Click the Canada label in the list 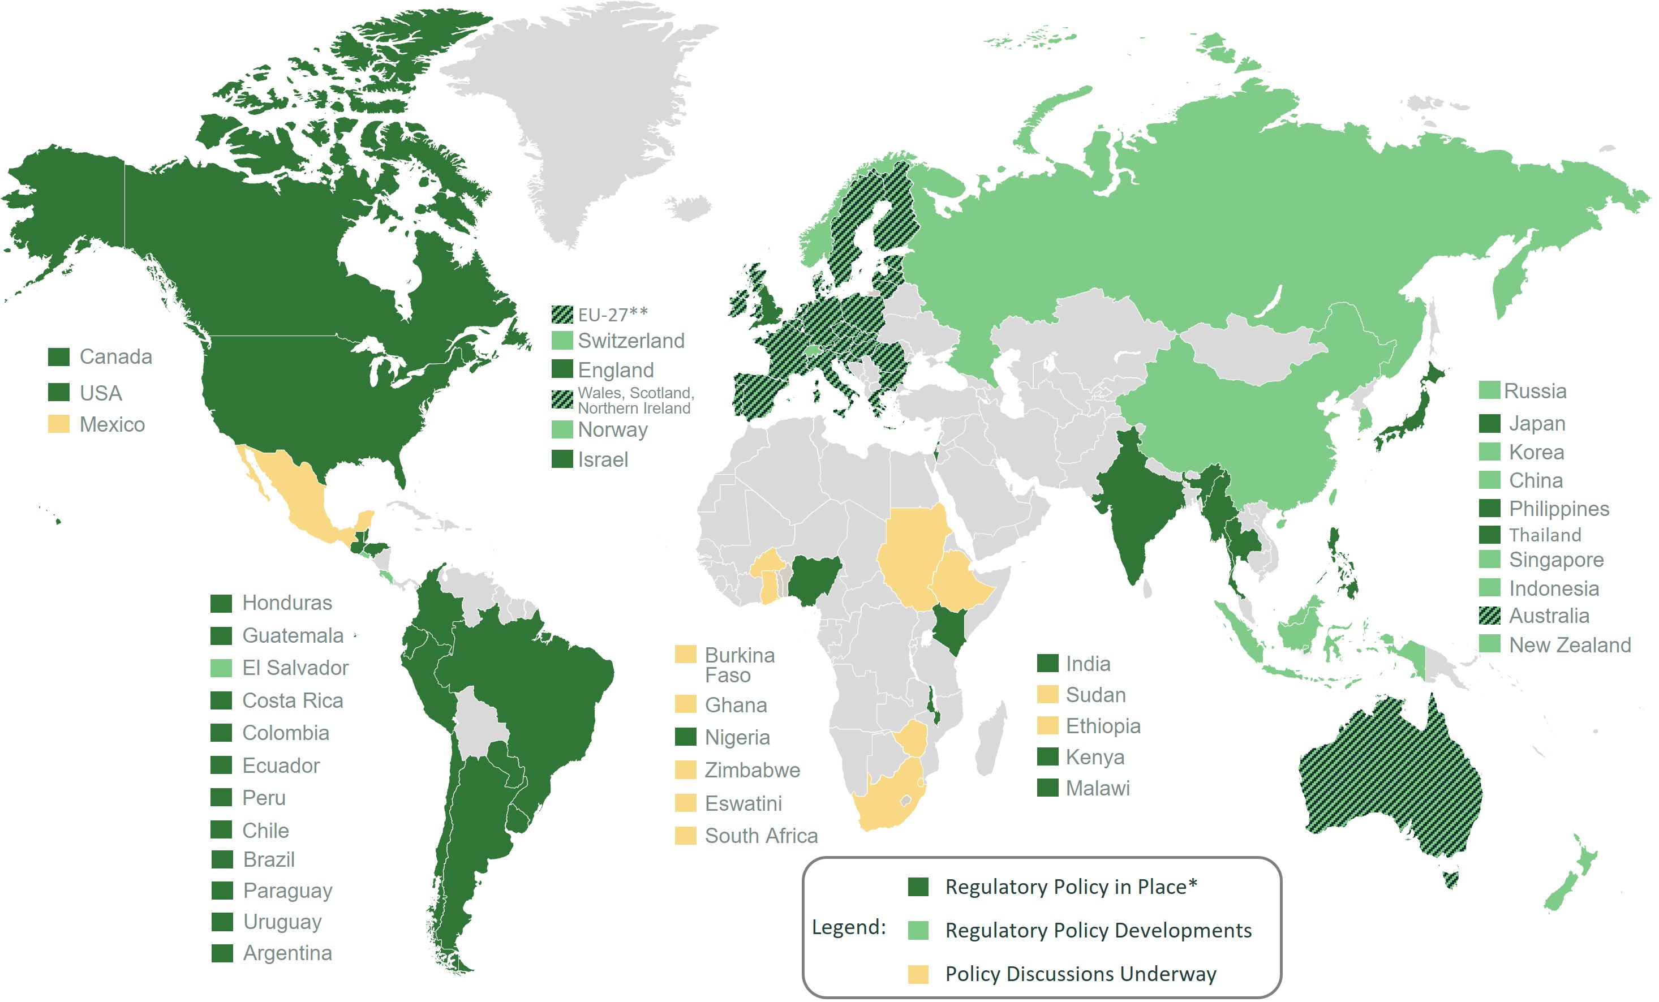(x=116, y=357)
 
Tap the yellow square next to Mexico (x=59, y=424)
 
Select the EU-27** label (x=612, y=315)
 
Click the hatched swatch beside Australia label (x=1489, y=616)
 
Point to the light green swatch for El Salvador (x=221, y=668)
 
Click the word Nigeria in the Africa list (x=737, y=737)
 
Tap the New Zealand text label (x=1570, y=645)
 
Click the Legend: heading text (x=848, y=927)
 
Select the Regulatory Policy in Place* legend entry (x=1071, y=887)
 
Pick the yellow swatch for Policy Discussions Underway (x=918, y=974)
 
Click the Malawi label (x=1098, y=788)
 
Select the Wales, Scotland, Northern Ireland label (x=635, y=400)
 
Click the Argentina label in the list (x=287, y=953)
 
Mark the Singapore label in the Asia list (x=1556, y=560)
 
